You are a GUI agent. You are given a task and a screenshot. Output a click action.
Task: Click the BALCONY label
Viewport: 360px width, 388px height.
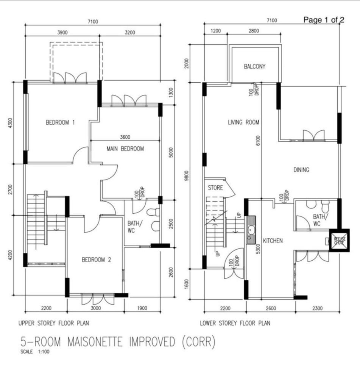254,66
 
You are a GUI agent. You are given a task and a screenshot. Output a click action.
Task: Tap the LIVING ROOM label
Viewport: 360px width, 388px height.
243,122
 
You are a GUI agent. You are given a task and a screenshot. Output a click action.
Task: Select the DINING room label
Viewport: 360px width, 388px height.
301,170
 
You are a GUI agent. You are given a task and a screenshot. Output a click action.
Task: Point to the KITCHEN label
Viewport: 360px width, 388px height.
273,241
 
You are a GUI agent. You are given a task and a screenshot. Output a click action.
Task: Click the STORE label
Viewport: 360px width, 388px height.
215,188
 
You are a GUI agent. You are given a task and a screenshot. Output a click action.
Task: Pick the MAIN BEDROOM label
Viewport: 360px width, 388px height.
125,149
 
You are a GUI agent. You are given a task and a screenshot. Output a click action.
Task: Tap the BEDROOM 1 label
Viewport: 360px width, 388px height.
60,122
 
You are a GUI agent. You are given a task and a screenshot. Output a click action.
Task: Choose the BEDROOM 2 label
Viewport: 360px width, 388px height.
96,260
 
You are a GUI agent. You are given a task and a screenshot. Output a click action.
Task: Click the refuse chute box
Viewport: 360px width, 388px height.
339,240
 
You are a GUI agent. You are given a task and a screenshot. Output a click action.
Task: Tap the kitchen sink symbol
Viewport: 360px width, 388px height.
251,230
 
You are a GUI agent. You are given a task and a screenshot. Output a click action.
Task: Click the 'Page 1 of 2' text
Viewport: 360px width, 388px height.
324,20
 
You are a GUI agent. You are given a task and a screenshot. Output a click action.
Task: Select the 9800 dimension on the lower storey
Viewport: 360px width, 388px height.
187,175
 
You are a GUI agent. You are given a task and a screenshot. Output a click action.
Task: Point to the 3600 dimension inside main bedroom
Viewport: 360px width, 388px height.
125,137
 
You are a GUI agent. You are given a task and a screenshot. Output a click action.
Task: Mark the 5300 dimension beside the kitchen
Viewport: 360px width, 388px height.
258,249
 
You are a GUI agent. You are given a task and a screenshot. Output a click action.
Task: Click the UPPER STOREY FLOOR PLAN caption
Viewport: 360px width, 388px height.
54,323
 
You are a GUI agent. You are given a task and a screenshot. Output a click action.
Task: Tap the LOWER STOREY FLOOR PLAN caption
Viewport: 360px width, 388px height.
235,323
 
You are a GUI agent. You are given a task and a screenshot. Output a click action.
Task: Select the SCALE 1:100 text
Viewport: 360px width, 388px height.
35,352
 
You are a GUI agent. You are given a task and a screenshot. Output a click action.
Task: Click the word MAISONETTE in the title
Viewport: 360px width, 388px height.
95,342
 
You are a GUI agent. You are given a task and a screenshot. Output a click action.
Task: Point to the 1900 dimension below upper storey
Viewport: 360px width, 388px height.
142,308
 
